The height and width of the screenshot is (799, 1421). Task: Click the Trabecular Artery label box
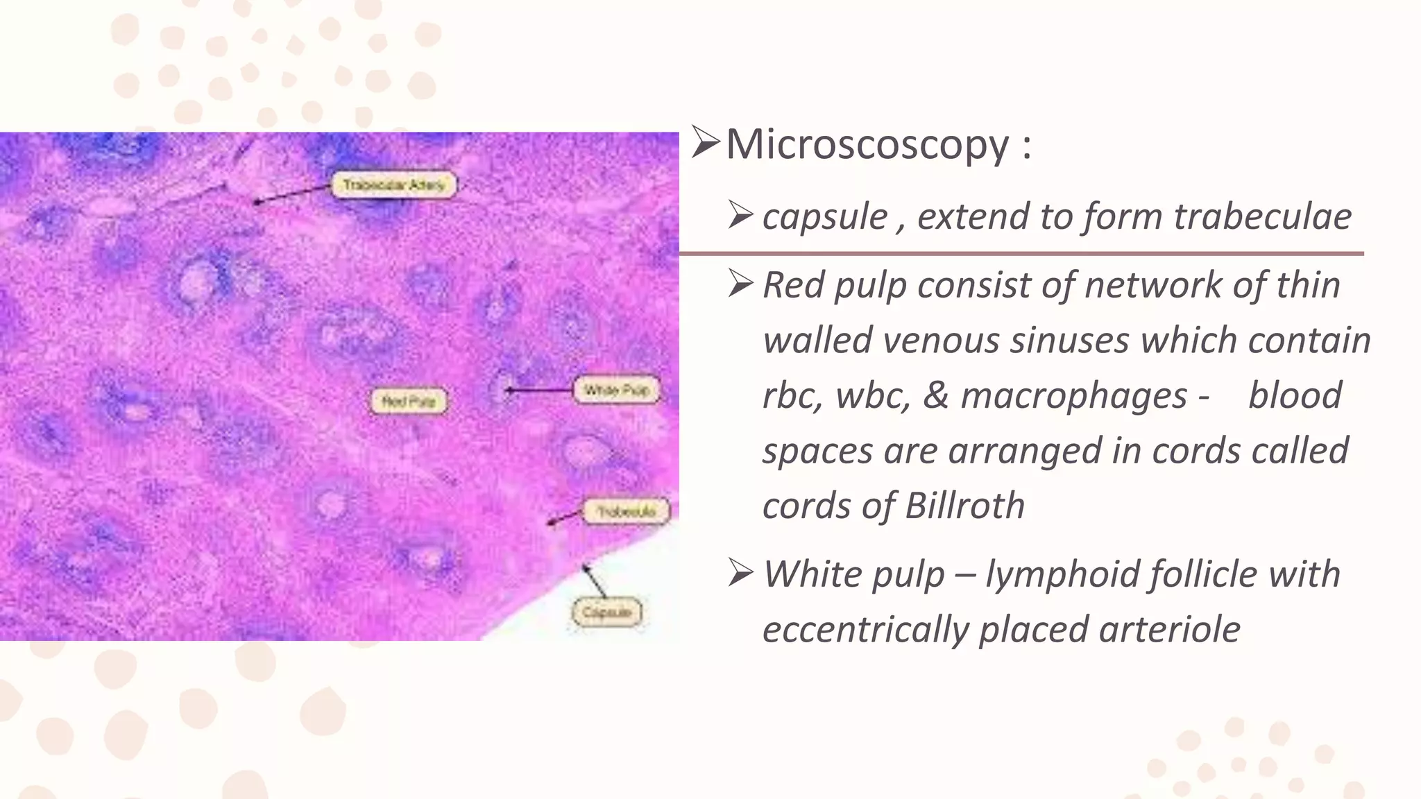pyautogui.click(x=394, y=185)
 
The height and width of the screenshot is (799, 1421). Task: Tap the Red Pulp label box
pyautogui.click(x=409, y=401)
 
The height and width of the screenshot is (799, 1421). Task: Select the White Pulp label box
pyautogui.click(x=616, y=390)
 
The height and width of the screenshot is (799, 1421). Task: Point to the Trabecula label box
pyautogui.click(x=627, y=512)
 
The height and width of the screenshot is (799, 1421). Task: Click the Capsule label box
pyautogui.click(x=606, y=612)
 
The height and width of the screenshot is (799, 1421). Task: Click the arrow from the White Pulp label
pyautogui.click(x=538, y=390)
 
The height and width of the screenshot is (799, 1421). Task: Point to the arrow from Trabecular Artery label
pyautogui.click(x=291, y=194)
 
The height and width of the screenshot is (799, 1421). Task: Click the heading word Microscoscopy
pyautogui.click(x=867, y=145)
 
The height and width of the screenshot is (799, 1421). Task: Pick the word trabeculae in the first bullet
pyautogui.click(x=1262, y=216)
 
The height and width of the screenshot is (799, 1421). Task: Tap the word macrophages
pyautogui.click(x=1074, y=395)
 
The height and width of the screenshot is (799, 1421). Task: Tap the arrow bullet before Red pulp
pyautogui.click(x=741, y=284)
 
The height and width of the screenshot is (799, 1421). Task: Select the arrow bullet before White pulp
pyautogui.click(x=741, y=574)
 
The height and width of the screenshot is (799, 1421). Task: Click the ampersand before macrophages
pyautogui.click(x=935, y=395)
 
